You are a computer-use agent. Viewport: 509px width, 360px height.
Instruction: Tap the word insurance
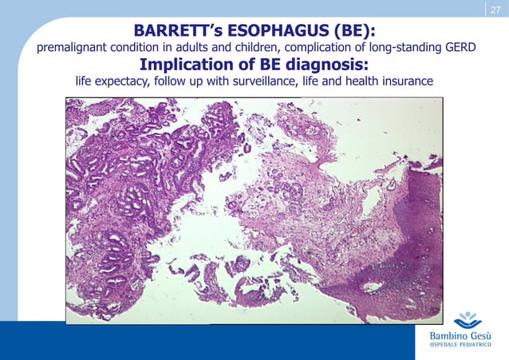pos(406,82)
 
